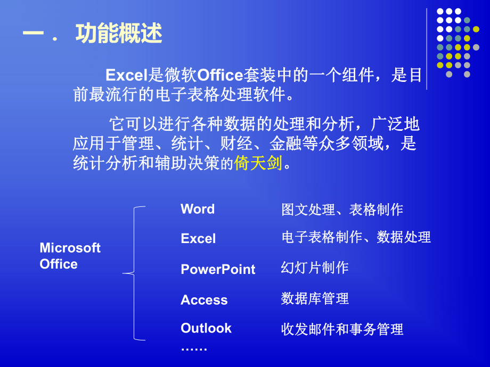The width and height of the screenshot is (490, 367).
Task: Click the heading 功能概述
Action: (118, 34)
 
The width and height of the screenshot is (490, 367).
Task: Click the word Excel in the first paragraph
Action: (126, 76)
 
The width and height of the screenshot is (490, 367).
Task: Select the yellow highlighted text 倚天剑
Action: (258, 163)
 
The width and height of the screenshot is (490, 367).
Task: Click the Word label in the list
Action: (198, 209)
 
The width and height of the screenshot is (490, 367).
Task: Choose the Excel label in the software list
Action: (198, 238)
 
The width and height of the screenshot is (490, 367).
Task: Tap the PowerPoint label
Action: (218, 269)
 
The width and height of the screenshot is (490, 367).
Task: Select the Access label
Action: (204, 300)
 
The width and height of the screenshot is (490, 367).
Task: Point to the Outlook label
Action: (206, 328)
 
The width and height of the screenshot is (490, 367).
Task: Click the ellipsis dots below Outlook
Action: (194, 348)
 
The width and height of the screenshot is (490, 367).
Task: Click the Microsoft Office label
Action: (70, 256)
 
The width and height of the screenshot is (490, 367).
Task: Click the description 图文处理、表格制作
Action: (342, 210)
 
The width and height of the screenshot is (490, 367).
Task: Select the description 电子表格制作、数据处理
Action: (356, 237)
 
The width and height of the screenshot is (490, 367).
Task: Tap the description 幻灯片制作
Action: (315, 268)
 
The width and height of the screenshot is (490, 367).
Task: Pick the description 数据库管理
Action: (315, 298)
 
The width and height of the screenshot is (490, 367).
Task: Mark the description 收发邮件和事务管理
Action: (342, 329)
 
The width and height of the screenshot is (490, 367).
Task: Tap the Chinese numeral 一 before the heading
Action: (33, 34)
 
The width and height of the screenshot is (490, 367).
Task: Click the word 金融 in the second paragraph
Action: (282, 144)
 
